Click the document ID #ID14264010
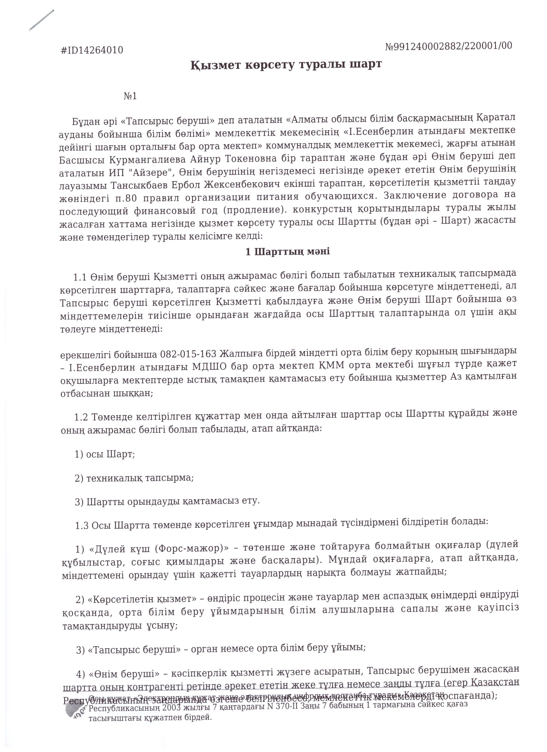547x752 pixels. coord(92,50)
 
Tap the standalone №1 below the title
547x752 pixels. coord(130,96)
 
